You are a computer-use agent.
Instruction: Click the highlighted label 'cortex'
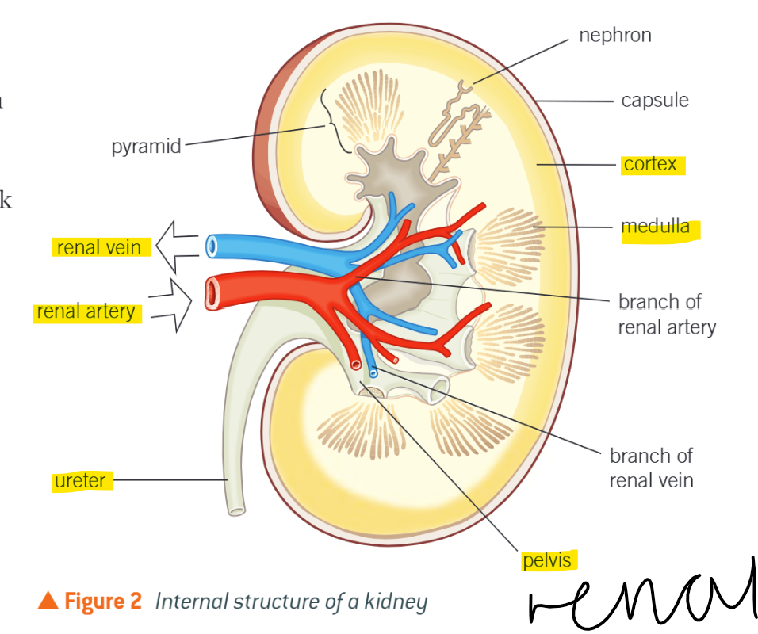point(650,164)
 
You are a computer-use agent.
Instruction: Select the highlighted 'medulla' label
point(656,228)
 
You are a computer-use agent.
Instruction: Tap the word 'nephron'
point(615,36)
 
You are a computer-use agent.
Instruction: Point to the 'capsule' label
point(655,101)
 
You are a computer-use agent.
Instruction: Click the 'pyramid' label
point(146,147)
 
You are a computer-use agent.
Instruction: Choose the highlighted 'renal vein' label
point(99,247)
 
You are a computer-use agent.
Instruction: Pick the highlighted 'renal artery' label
point(86,311)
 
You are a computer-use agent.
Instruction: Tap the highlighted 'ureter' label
point(80,480)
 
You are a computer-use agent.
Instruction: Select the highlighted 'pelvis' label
point(547,560)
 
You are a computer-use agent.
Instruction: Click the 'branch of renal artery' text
point(666,314)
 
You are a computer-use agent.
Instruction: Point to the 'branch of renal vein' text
point(651,468)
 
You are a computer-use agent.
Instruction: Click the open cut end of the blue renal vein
point(211,246)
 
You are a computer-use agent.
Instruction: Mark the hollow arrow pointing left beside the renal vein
point(174,246)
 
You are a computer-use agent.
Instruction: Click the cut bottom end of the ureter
point(235,509)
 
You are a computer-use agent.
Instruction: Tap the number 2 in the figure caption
point(136,602)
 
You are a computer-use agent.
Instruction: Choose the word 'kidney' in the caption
point(396,602)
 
